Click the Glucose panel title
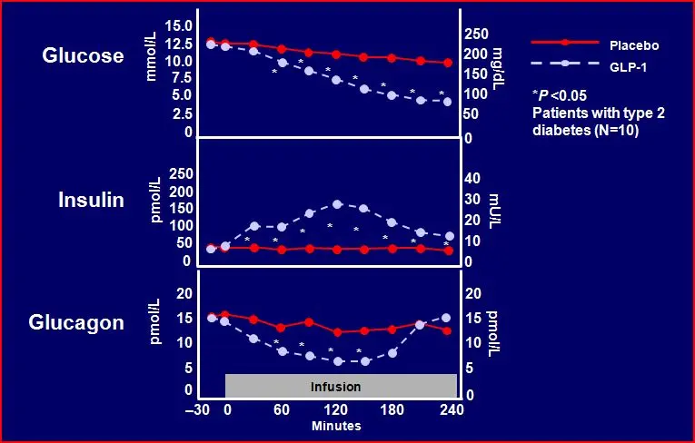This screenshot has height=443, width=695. [x=84, y=56]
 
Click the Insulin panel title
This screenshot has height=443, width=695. [x=91, y=201]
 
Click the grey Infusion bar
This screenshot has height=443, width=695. [x=335, y=386]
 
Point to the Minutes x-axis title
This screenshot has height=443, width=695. [x=336, y=425]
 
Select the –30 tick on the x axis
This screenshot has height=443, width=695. [x=197, y=409]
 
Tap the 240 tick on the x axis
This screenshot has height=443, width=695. [x=452, y=409]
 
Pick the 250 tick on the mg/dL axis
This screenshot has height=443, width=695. [x=478, y=34]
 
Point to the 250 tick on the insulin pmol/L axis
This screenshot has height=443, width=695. [x=182, y=173]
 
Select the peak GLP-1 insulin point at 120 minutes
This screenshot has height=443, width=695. [x=337, y=204]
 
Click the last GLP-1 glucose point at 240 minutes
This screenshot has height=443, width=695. [x=446, y=102]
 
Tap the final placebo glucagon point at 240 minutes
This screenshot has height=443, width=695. [x=446, y=330]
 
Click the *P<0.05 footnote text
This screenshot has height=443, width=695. [x=561, y=94]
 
